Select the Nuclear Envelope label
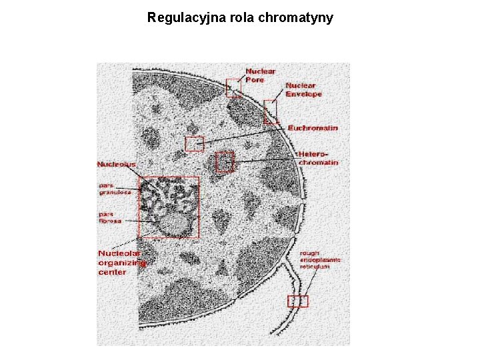point(303,89)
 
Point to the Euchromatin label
point(313,127)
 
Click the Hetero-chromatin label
point(318,157)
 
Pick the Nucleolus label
point(116,164)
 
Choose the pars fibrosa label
point(110,217)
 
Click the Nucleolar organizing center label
point(122,263)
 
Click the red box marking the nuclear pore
point(233,88)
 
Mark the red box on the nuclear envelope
point(271,112)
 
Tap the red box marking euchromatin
point(194,143)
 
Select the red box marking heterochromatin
point(225,162)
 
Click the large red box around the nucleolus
point(169,207)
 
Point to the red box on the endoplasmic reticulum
point(298,301)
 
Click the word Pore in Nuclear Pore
point(255,80)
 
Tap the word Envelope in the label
point(304,94)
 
